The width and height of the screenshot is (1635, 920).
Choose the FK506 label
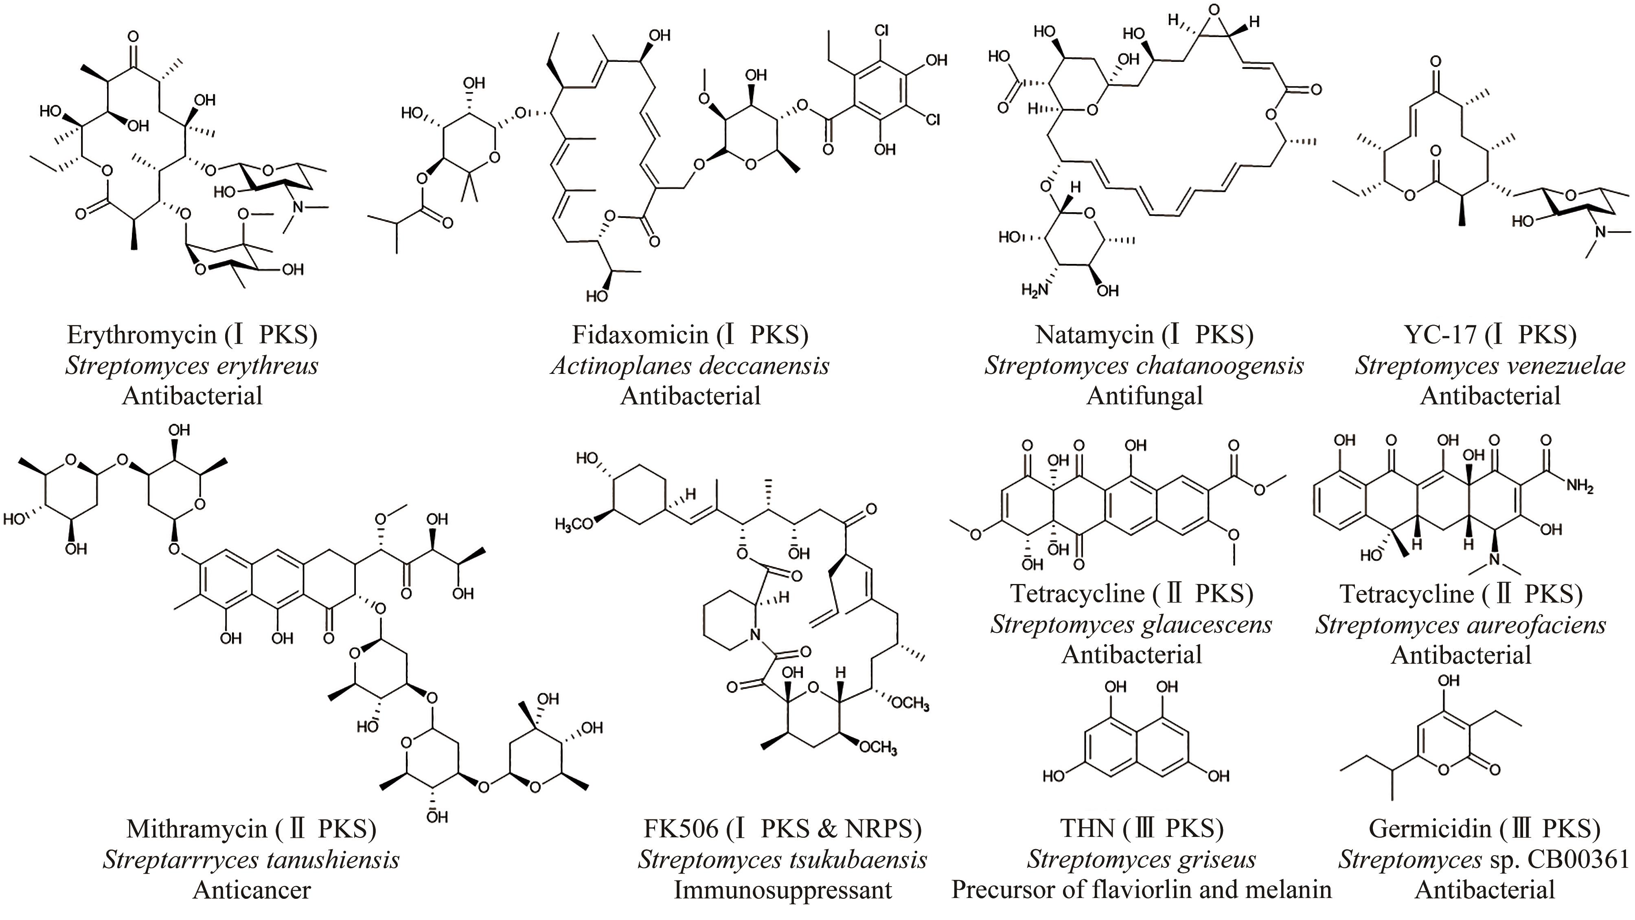(x=680, y=829)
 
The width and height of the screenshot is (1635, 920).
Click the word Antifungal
(x=1144, y=396)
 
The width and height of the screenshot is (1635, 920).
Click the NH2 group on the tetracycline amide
(x=1580, y=487)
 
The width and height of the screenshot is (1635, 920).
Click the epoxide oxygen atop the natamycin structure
(x=1214, y=9)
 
